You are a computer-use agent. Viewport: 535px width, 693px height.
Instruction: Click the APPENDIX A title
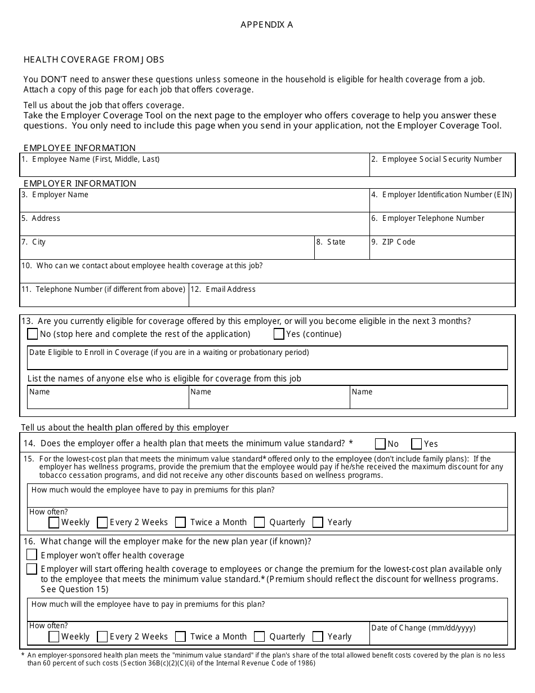[x=266, y=25]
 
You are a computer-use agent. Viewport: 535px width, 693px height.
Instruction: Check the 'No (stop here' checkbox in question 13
[x=33, y=334]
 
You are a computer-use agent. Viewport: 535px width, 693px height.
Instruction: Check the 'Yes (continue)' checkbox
[x=279, y=334]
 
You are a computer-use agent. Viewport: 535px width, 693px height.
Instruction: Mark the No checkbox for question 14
[x=380, y=443]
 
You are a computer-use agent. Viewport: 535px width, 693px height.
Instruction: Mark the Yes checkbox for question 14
[x=417, y=443]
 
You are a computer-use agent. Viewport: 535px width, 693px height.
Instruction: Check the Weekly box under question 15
[x=54, y=522]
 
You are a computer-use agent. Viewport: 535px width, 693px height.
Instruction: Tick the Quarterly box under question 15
[x=260, y=522]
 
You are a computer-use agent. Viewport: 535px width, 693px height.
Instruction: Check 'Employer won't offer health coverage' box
[x=32, y=555]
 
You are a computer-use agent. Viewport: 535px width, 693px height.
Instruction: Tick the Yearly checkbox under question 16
[x=318, y=637]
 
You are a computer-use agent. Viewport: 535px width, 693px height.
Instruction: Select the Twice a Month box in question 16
[x=180, y=637]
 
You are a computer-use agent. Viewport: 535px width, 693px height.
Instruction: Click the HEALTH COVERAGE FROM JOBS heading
[x=94, y=60]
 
